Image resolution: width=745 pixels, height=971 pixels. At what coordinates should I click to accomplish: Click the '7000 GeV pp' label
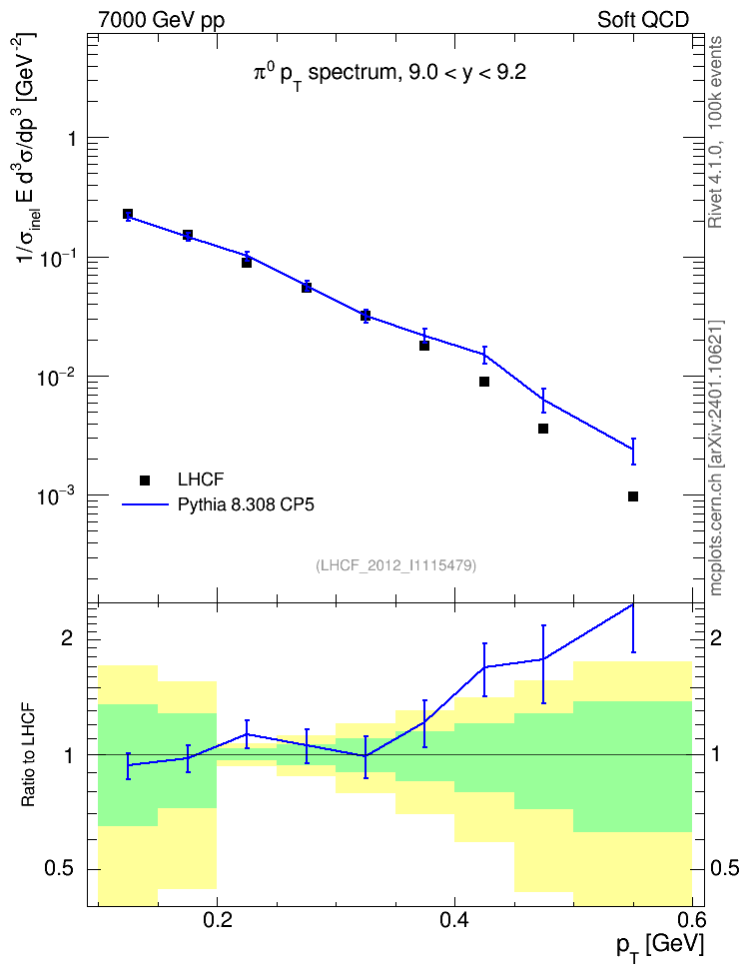click(x=161, y=20)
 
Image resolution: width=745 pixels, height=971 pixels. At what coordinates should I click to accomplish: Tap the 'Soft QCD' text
click(x=643, y=20)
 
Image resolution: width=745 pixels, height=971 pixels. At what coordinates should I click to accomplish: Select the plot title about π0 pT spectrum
click(x=389, y=74)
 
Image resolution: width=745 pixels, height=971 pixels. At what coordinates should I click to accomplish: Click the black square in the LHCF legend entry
click(x=145, y=480)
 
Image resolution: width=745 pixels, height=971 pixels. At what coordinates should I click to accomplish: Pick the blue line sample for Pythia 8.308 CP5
click(x=145, y=504)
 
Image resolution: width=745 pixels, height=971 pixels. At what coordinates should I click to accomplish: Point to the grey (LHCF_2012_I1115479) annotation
click(x=395, y=565)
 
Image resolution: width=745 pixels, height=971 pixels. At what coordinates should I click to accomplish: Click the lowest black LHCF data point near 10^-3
click(x=633, y=496)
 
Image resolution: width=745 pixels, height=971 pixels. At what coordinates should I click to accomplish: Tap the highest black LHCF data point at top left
click(x=128, y=214)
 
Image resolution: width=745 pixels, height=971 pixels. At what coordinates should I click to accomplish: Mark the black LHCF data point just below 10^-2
click(x=484, y=382)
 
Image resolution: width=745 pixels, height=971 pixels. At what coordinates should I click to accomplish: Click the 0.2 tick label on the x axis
click(x=217, y=920)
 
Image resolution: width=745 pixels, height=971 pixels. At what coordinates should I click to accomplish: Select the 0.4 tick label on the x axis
click(x=454, y=920)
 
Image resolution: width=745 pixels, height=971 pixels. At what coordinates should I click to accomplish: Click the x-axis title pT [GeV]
click(x=660, y=947)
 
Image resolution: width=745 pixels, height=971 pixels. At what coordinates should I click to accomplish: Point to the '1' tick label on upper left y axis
click(x=73, y=138)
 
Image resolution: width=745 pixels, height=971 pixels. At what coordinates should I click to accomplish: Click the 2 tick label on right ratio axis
click(x=716, y=638)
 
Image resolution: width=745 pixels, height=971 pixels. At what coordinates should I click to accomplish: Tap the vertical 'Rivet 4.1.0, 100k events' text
click(x=715, y=132)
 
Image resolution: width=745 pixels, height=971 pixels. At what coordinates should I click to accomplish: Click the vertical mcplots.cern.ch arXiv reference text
click(x=716, y=459)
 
